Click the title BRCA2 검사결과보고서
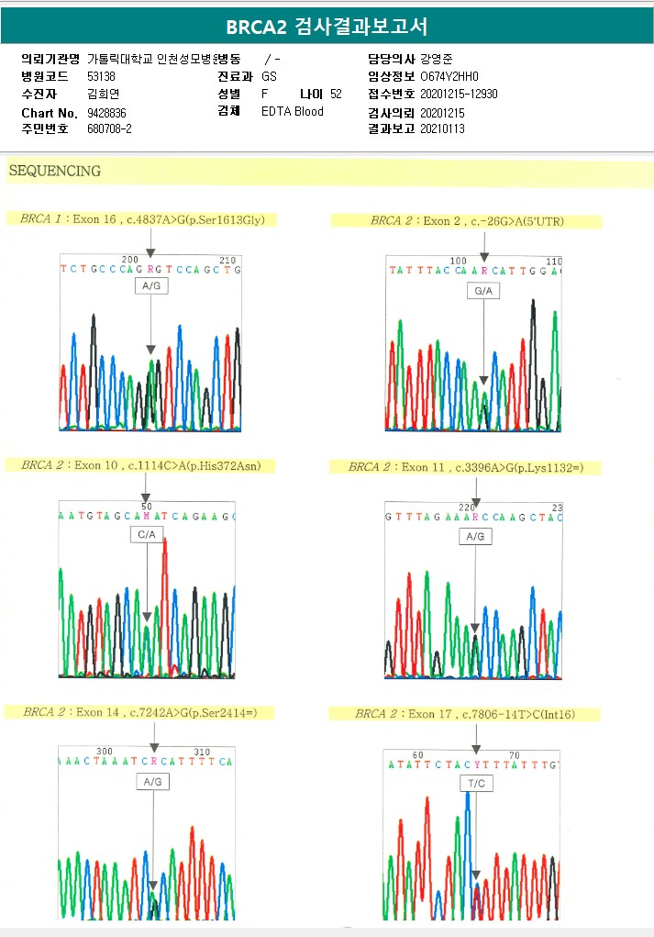(327, 27)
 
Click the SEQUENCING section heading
(54, 171)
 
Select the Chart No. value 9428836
(106, 112)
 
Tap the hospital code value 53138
(101, 77)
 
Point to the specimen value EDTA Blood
(293, 112)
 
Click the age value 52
(336, 94)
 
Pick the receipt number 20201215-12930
(459, 94)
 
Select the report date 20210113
(442, 128)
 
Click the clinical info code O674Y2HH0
(449, 77)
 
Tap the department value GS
(269, 77)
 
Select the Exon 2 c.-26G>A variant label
(466, 221)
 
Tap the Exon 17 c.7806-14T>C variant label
(465, 713)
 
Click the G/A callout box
(482, 291)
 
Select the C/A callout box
(147, 533)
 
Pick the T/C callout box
(476, 783)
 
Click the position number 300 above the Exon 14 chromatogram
(105, 751)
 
